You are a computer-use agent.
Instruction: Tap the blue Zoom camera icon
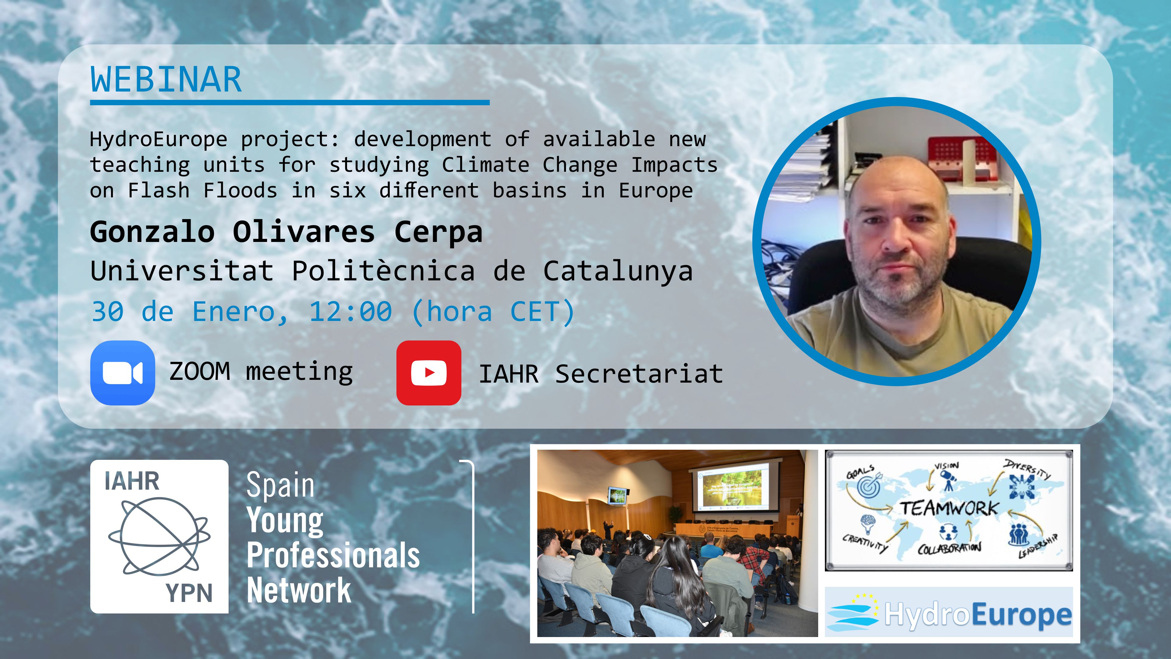(x=123, y=373)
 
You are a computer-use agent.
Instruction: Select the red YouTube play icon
(x=429, y=373)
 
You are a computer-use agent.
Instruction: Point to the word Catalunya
(x=618, y=272)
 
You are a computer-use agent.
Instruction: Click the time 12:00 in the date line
(x=350, y=312)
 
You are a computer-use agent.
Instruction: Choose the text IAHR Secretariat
(x=601, y=374)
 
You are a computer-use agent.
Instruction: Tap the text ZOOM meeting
(x=261, y=372)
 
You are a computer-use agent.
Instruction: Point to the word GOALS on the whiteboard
(x=860, y=472)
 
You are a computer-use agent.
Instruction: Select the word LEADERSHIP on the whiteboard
(x=1038, y=545)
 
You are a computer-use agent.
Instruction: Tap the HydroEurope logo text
(x=978, y=614)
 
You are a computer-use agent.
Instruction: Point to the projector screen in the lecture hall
(x=732, y=485)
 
